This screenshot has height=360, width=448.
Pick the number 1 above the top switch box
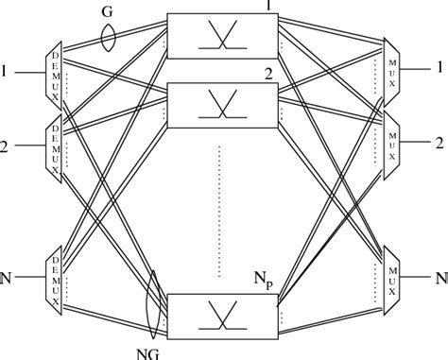click(270, 8)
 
